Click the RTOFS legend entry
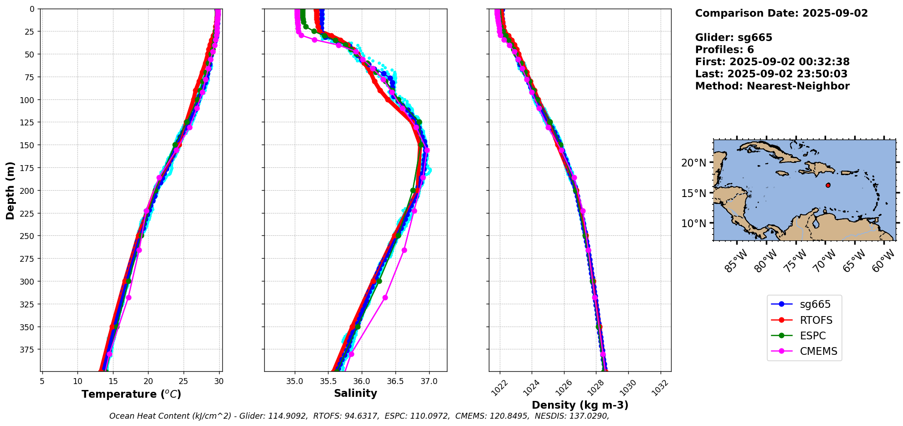click(x=816, y=320)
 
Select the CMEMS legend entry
click(x=818, y=351)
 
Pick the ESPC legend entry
click(x=813, y=336)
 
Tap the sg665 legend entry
click(x=815, y=304)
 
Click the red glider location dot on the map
click(x=828, y=185)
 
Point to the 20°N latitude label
click(x=693, y=163)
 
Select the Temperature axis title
click(x=131, y=394)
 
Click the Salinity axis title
click(x=355, y=393)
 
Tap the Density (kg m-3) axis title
click(x=580, y=405)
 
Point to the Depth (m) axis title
click(x=10, y=190)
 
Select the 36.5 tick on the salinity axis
click(x=395, y=381)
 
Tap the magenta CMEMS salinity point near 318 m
click(x=385, y=297)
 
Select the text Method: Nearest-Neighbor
click(x=772, y=86)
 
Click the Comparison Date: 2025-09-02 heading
click(x=781, y=13)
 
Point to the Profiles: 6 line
click(x=724, y=50)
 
